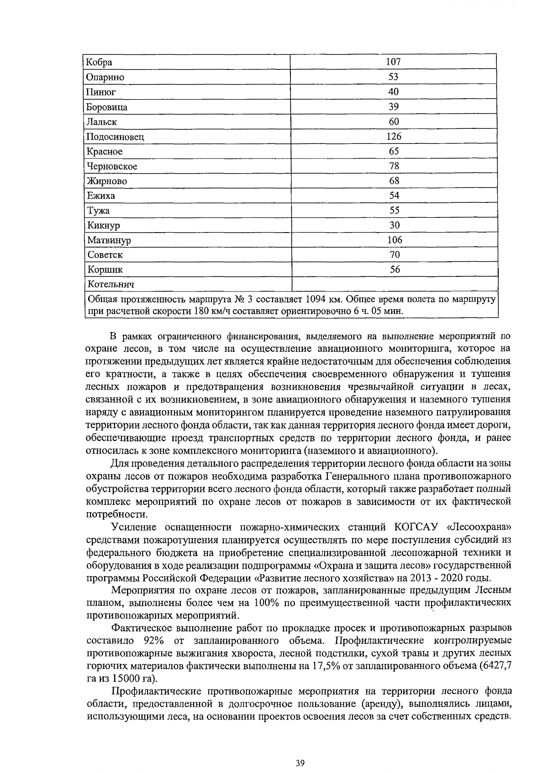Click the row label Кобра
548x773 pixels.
point(100,63)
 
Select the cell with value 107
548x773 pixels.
point(393,62)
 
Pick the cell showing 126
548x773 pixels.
point(393,136)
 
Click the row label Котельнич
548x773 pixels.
point(111,285)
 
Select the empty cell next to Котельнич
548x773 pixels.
point(393,284)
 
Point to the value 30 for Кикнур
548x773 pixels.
point(394,225)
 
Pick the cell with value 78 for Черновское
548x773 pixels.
point(394,166)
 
